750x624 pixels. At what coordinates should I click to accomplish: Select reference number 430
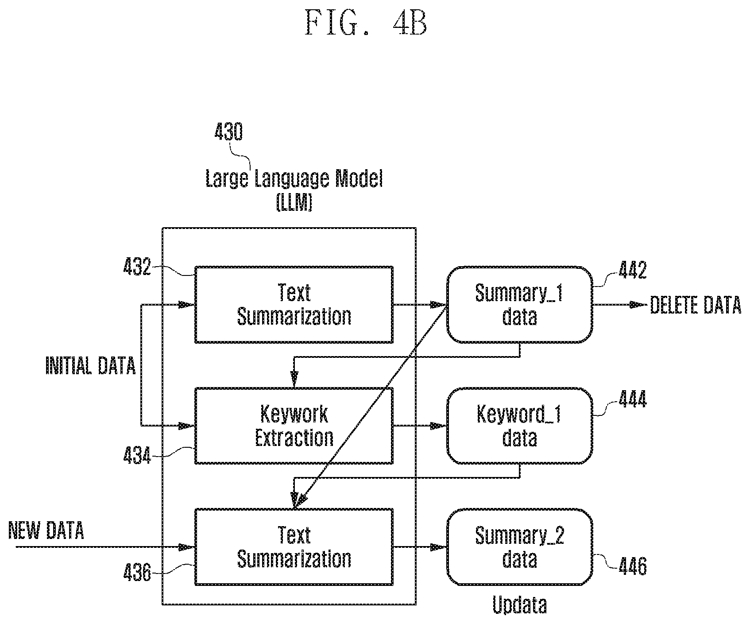(x=228, y=132)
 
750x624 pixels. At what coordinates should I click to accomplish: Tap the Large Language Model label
(x=294, y=179)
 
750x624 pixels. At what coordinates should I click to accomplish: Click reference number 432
(x=137, y=267)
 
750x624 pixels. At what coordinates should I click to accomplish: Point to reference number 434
(x=137, y=455)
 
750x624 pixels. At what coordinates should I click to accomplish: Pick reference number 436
(x=137, y=574)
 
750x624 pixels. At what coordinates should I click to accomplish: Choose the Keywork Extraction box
(x=294, y=426)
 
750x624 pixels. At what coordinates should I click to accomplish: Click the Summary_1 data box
(x=520, y=305)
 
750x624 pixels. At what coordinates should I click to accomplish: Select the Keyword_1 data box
(x=520, y=426)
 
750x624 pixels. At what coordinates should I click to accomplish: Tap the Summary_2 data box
(x=520, y=547)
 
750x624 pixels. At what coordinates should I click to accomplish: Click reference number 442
(x=633, y=271)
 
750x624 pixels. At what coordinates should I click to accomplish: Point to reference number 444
(x=633, y=399)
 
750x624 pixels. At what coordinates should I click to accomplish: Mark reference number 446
(x=633, y=566)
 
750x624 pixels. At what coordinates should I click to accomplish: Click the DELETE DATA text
(x=696, y=306)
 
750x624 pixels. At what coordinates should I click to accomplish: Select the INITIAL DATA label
(x=91, y=366)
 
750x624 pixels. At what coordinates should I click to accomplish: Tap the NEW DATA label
(x=46, y=530)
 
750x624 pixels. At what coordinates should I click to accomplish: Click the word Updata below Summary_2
(x=520, y=605)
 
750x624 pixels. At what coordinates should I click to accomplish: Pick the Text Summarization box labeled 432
(x=294, y=305)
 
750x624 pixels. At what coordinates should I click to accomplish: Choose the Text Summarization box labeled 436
(x=294, y=547)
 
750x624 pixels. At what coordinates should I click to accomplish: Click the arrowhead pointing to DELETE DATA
(x=639, y=305)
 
